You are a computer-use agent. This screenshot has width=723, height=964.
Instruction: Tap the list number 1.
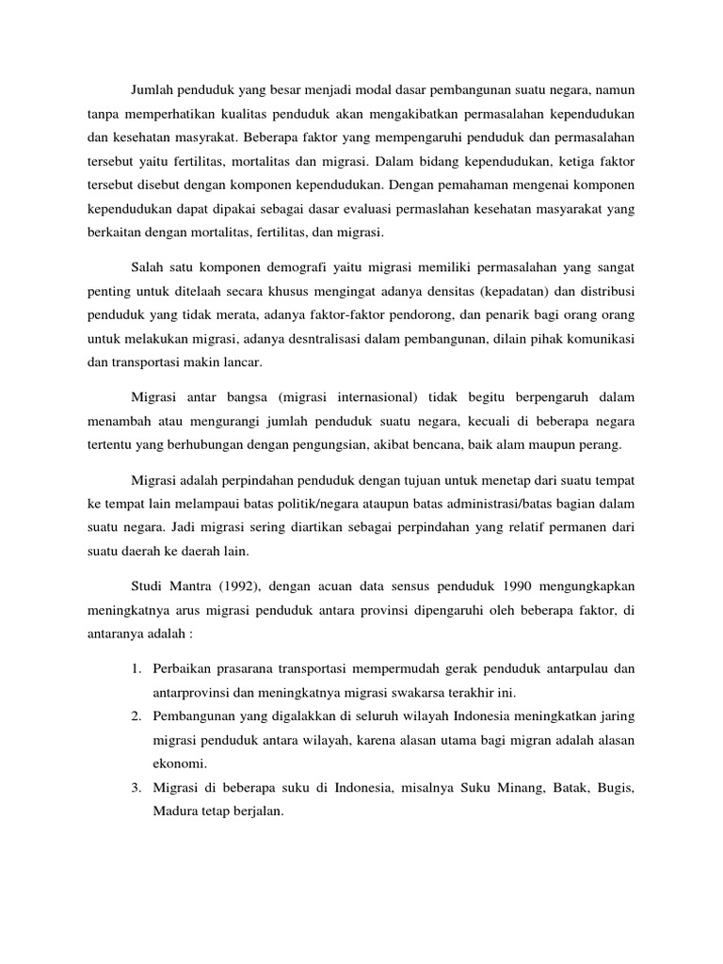click(x=136, y=668)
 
